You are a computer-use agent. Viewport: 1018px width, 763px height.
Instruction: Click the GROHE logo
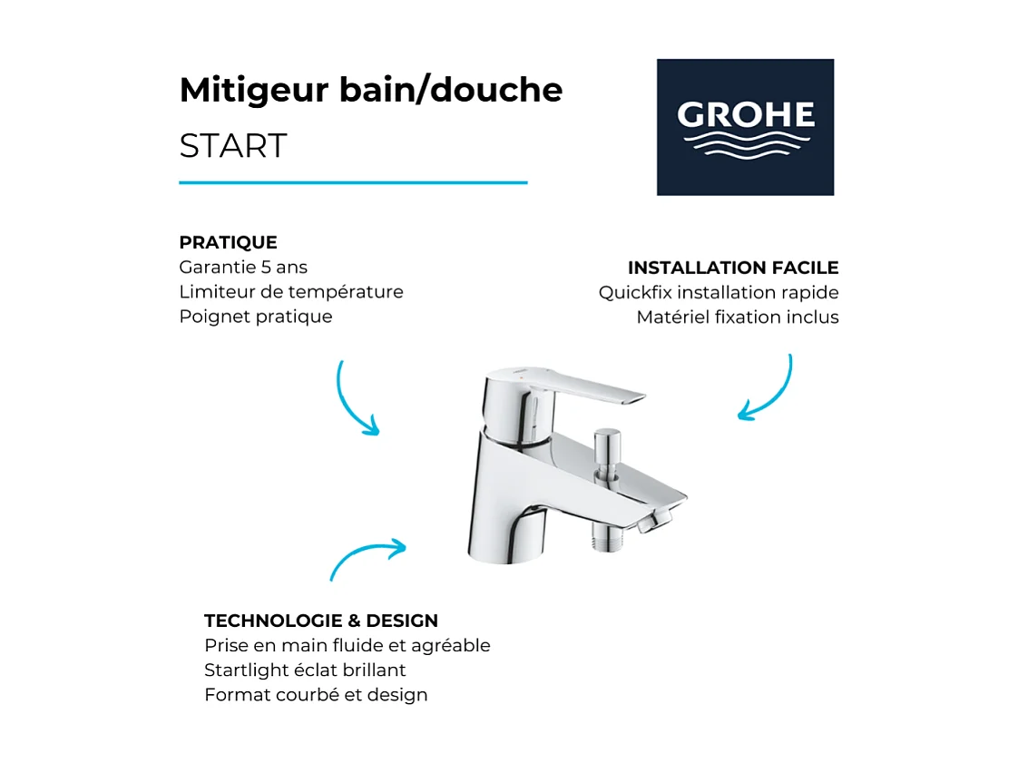click(x=745, y=127)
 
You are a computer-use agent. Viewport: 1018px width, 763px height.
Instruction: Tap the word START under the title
click(x=233, y=146)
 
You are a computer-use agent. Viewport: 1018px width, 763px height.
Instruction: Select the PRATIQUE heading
click(x=228, y=242)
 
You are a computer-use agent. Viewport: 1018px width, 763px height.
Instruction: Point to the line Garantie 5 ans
click(x=243, y=268)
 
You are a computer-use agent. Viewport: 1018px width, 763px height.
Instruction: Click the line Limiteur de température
click(x=291, y=292)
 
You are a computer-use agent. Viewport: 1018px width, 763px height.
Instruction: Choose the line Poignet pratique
click(x=256, y=317)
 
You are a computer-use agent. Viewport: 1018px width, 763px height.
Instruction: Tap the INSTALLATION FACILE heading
click(x=733, y=268)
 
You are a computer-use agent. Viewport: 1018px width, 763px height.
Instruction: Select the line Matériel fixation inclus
click(x=738, y=318)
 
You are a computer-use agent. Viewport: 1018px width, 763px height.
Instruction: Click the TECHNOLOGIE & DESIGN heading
click(x=321, y=621)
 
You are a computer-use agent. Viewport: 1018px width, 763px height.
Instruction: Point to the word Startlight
click(x=244, y=670)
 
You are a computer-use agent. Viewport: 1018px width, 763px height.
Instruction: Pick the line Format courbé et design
click(x=316, y=695)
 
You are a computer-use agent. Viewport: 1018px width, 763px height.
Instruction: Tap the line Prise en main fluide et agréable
click(x=347, y=646)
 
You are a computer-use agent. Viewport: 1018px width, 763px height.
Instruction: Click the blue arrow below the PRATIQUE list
click(x=355, y=400)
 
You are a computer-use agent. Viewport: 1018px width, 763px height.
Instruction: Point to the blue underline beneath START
click(x=353, y=182)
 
